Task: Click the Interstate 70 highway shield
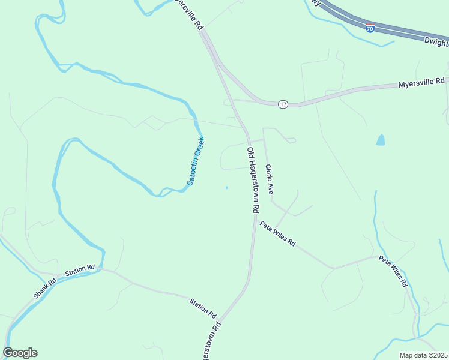coord(370,28)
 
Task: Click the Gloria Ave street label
coord(270,179)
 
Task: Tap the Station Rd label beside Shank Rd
coord(80,270)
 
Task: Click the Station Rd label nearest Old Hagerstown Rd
coord(203,307)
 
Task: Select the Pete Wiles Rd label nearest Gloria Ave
coord(277,234)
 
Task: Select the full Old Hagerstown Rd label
coord(253,180)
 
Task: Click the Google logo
coord(20,353)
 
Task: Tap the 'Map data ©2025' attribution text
coord(423,355)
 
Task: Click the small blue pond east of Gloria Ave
coord(380,140)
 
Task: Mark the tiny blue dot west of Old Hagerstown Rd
coord(226,188)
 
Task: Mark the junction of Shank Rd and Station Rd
coord(59,277)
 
